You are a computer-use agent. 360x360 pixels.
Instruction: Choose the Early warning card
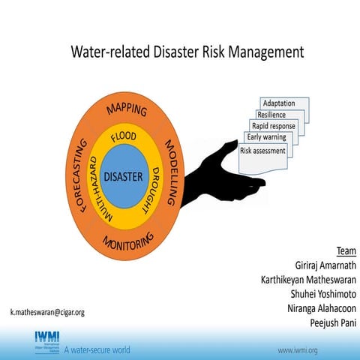pyautogui.click(x=266, y=137)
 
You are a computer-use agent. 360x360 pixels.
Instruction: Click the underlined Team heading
pyautogui.click(x=346, y=252)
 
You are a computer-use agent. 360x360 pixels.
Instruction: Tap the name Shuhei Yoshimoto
pyautogui.click(x=318, y=294)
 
